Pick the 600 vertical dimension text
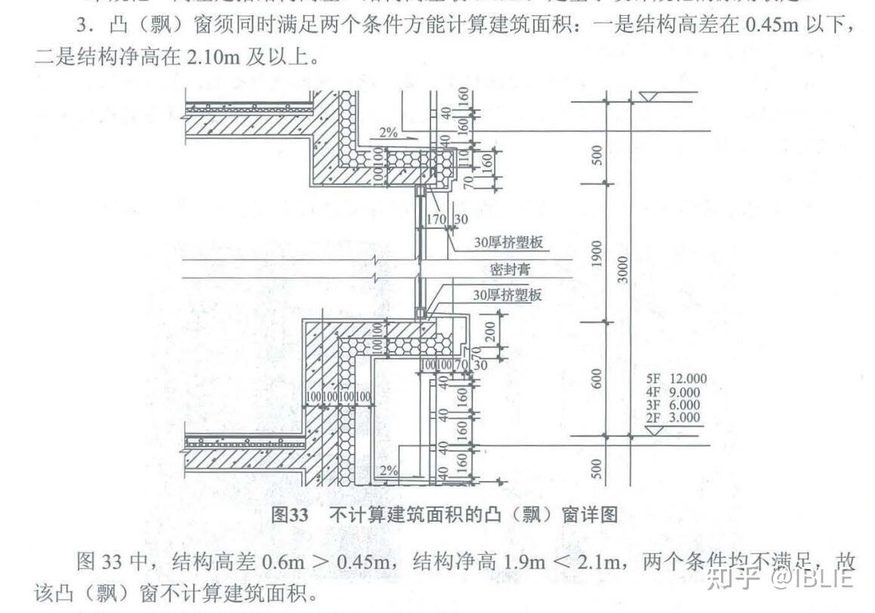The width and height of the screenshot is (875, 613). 596,380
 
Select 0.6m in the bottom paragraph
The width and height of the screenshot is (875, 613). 282,562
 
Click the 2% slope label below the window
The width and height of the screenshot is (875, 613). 389,470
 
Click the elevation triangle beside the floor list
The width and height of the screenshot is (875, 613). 655,431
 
